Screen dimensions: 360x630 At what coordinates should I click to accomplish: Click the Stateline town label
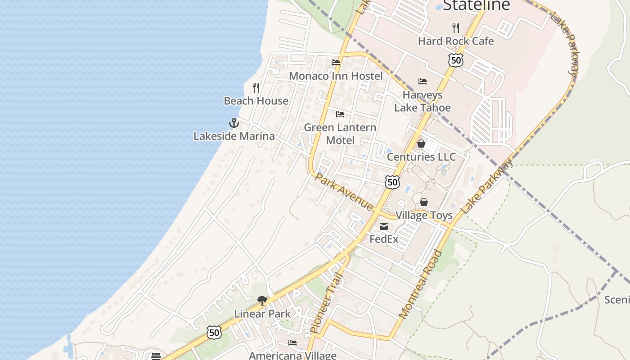pos(477,4)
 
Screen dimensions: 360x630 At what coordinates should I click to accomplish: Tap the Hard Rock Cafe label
pos(456,41)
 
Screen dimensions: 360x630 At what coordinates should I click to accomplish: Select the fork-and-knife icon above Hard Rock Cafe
pos(456,27)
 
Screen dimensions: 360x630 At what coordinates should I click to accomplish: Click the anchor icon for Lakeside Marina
pos(234,122)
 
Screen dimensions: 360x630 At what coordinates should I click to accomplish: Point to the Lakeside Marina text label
pos(234,136)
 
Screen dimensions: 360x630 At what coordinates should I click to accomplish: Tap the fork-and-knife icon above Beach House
pos(256,87)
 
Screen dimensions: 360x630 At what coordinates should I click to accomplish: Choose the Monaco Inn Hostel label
pos(336,76)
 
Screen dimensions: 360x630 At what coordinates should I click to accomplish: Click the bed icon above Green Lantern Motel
pos(340,114)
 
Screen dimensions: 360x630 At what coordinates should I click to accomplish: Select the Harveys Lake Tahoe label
pos(422,101)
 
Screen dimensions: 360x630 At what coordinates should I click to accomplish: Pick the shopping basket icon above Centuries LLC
pos(421,144)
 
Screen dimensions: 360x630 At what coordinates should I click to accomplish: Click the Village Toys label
pos(424,215)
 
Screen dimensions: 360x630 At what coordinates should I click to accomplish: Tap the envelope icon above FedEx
pos(384,226)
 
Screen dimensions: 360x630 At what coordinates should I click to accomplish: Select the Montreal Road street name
pos(421,284)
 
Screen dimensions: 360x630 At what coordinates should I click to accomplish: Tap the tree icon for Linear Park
pos(262,300)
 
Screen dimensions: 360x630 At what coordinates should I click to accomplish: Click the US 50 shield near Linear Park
pos(214,333)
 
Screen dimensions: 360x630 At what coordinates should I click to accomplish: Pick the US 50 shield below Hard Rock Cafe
pos(455,60)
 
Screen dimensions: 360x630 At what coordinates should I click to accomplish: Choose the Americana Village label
pos(292,355)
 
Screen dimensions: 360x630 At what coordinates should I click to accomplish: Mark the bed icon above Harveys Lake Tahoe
pos(422,81)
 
